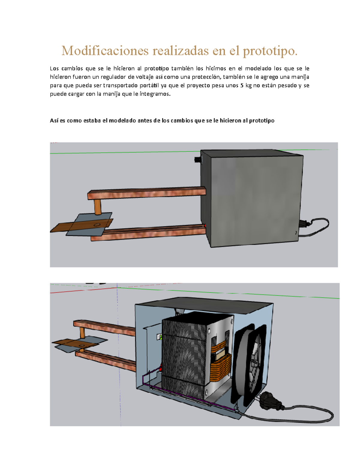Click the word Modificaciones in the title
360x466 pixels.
click(x=105, y=51)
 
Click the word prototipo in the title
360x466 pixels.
click(x=270, y=51)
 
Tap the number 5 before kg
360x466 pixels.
click(x=241, y=86)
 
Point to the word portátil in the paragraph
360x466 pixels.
click(x=149, y=86)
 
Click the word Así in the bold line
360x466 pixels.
click(x=54, y=121)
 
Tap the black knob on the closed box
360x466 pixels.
click(x=198, y=160)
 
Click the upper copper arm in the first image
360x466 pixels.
click(x=147, y=192)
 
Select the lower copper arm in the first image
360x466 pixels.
click(x=150, y=233)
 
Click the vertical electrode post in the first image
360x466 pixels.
click(x=97, y=207)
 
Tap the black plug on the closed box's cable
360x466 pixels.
click(x=304, y=224)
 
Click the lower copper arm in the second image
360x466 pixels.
click(x=108, y=360)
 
